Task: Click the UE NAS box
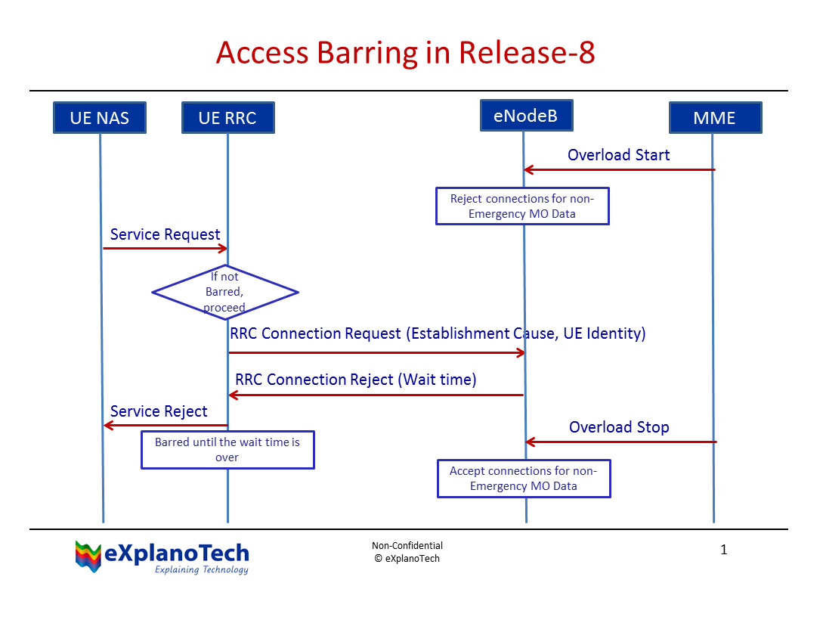click(x=99, y=118)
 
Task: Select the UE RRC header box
click(x=227, y=118)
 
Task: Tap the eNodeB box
click(x=526, y=116)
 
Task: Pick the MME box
click(x=714, y=118)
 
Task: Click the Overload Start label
click(x=618, y=155)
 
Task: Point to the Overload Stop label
click(x=618, y=427)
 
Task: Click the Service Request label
click(x=165, y=234)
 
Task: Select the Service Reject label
click(x=159, y=411)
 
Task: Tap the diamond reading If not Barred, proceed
click(x=225, y=292)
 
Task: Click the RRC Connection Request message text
click(x=438, y=333)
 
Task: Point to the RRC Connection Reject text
click(x=355, y=380)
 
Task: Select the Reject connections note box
click(x=522, y=206)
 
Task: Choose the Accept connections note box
click(x=523, y=479)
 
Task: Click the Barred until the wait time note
click(x=227, y=450)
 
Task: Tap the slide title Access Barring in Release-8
click(x=405, y=53)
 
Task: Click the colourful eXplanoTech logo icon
click(x=88, y=556)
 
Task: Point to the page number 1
click(x=723, y=550)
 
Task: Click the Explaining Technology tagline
click(x=201, y=569)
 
